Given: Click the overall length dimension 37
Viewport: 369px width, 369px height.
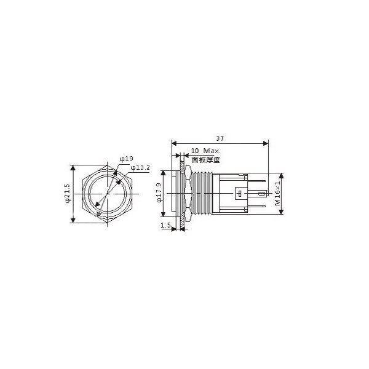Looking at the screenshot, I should (x=220, y=138).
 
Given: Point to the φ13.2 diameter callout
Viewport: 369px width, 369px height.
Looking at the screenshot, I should (x=141, y=168).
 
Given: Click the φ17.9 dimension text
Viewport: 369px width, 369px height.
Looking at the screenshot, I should (x=159, y=193).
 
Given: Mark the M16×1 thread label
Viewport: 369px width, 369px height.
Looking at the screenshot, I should (x=277, y=193).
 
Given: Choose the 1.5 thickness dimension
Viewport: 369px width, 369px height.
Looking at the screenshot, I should (x=165, y=226).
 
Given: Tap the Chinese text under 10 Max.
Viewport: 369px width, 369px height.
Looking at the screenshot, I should (x=205, y=159).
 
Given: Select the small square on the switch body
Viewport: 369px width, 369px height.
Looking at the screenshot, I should (x=239, y=194).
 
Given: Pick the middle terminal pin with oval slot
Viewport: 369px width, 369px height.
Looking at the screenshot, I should (x=261, y=194).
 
